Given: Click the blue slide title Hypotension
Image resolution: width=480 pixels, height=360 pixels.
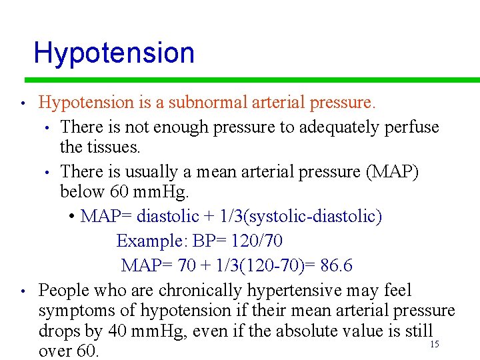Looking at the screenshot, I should [114, 53].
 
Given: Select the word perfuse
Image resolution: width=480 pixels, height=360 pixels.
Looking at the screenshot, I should [412, 127].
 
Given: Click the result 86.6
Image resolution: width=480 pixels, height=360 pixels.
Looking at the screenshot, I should [337, 265].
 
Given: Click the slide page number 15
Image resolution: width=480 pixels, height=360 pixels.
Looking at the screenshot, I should [434, 344].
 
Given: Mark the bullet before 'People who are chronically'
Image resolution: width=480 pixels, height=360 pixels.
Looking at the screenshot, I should [23, 291].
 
